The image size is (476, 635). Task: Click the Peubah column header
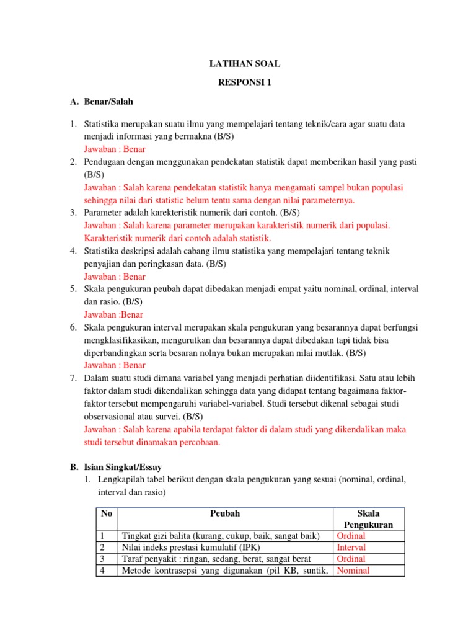pos(225,513)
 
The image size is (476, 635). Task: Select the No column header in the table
pos(107,513)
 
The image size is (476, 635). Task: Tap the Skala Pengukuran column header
pos(369,519)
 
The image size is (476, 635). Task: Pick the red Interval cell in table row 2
pos(351,548)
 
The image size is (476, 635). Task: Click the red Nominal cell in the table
pos(353,571)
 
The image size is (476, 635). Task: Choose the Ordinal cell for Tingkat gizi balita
pos(351,536)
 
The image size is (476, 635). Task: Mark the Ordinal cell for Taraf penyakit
pos(351,559)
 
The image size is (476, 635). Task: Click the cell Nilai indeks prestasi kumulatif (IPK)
pos(192,548)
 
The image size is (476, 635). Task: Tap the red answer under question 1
pos(115,149)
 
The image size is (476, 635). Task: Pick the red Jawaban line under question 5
pos(113,314)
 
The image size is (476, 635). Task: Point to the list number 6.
pos(73,327)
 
